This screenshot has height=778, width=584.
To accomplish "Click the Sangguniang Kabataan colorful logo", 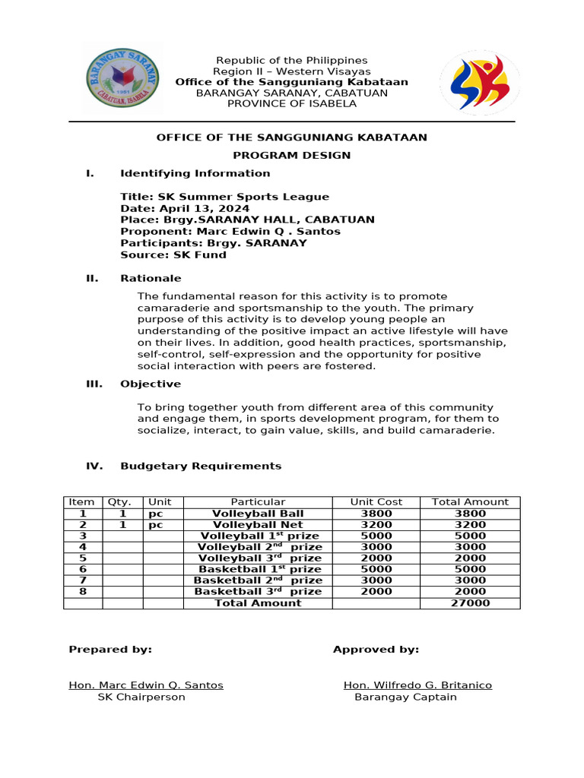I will point(479,82).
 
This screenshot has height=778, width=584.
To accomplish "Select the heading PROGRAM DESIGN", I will point(291,155).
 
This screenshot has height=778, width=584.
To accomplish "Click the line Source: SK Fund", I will point(173,255).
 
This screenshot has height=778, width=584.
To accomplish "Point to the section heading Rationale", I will point(151,278).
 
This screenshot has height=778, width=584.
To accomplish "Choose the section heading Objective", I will point(151,384).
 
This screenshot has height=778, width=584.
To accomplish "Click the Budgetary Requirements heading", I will point(201,466).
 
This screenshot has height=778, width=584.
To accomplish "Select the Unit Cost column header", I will point(376,501).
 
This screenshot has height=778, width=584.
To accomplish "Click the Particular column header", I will point(258,501).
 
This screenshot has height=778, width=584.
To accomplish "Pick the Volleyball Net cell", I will point(258,524).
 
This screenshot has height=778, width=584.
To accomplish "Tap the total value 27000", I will point(469,602).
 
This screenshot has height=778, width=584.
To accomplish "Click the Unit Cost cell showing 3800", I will point(376,513).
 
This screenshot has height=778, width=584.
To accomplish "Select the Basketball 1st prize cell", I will point(258,569).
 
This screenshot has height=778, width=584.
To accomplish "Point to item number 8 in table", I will point(83,591).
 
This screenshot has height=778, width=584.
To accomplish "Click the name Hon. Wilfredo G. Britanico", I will point(417,685).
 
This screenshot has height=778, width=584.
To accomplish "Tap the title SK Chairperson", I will point(141,697).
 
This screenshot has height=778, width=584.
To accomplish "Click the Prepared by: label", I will point(110,649).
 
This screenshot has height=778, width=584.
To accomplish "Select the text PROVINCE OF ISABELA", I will point(291,103).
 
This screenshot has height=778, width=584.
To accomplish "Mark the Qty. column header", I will point(122,501).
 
